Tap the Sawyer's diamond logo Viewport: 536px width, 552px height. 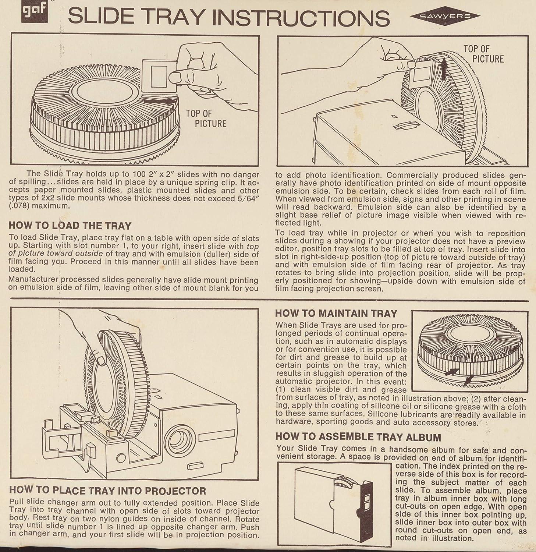click(x=445, y=16)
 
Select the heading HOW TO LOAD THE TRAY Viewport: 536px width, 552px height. click(x=70, y=226)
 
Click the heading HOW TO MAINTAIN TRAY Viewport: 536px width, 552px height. click(x=336, y=314)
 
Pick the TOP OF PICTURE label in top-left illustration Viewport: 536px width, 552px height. click(x=206, y=118)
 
